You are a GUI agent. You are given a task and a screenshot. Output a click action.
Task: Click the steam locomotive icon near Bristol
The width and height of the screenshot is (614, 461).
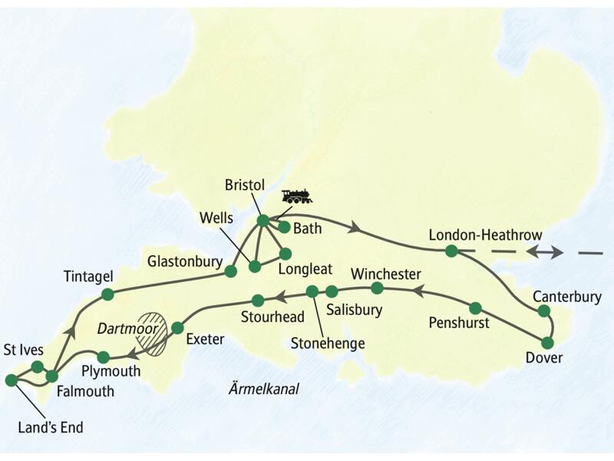click(x=296, y=196)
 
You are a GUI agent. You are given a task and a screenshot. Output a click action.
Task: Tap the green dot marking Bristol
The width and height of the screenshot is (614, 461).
click(x=262, y=221)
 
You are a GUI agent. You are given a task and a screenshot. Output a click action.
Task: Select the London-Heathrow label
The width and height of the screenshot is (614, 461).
click(x=486, y=234)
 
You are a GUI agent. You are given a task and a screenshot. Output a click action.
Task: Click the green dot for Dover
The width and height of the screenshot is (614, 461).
click(x=548, y=343)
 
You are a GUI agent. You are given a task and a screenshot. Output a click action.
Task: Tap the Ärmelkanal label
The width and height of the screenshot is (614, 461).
click(x=264, y=390)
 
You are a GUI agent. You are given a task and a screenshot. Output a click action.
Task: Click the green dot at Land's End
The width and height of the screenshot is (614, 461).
click(x=12, y=380)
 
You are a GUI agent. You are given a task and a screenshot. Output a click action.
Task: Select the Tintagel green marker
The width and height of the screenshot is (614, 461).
click(x=107, y=294)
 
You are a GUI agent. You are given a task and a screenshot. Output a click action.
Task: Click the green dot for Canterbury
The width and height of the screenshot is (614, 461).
click(x=544, y=311)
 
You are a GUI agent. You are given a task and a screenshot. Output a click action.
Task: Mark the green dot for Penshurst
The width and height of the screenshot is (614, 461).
click(x=475, y=308)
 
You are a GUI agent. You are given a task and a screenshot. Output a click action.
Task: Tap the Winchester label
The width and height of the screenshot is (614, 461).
click(x=385, y=274)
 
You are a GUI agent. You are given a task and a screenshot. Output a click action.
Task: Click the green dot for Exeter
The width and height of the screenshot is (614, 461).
click(x=177, y=328)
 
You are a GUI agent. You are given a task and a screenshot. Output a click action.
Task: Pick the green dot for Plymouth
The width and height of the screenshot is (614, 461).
click(x=104, y=357)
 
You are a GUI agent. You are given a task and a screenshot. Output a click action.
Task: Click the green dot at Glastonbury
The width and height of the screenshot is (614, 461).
click(x=229, y=270)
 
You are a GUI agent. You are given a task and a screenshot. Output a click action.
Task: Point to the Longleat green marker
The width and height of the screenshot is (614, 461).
click(x=286, y=254)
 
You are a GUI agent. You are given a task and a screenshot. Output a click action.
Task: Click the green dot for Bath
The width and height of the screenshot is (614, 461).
click(x=284, y=227)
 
